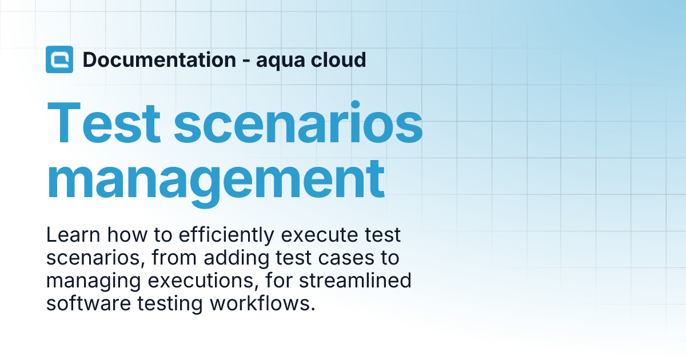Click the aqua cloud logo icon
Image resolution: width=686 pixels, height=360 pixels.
click(59, 59)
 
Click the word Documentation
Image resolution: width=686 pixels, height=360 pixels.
click(159, 59)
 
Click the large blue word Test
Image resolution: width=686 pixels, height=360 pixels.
click(104, 124)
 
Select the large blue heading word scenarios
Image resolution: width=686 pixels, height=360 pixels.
click(298, 124)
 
